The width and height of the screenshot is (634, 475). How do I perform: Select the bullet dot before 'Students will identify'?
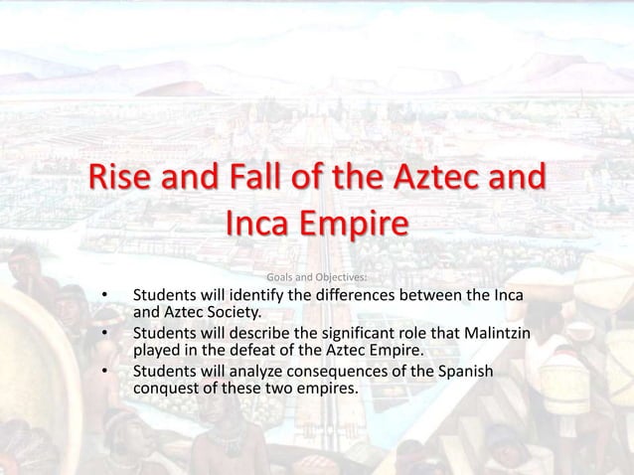[x=102, y=296]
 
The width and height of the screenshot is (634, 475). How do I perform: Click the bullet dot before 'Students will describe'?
[x=102, y=334]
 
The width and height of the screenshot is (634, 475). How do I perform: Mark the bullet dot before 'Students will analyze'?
[x=102, y=372]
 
